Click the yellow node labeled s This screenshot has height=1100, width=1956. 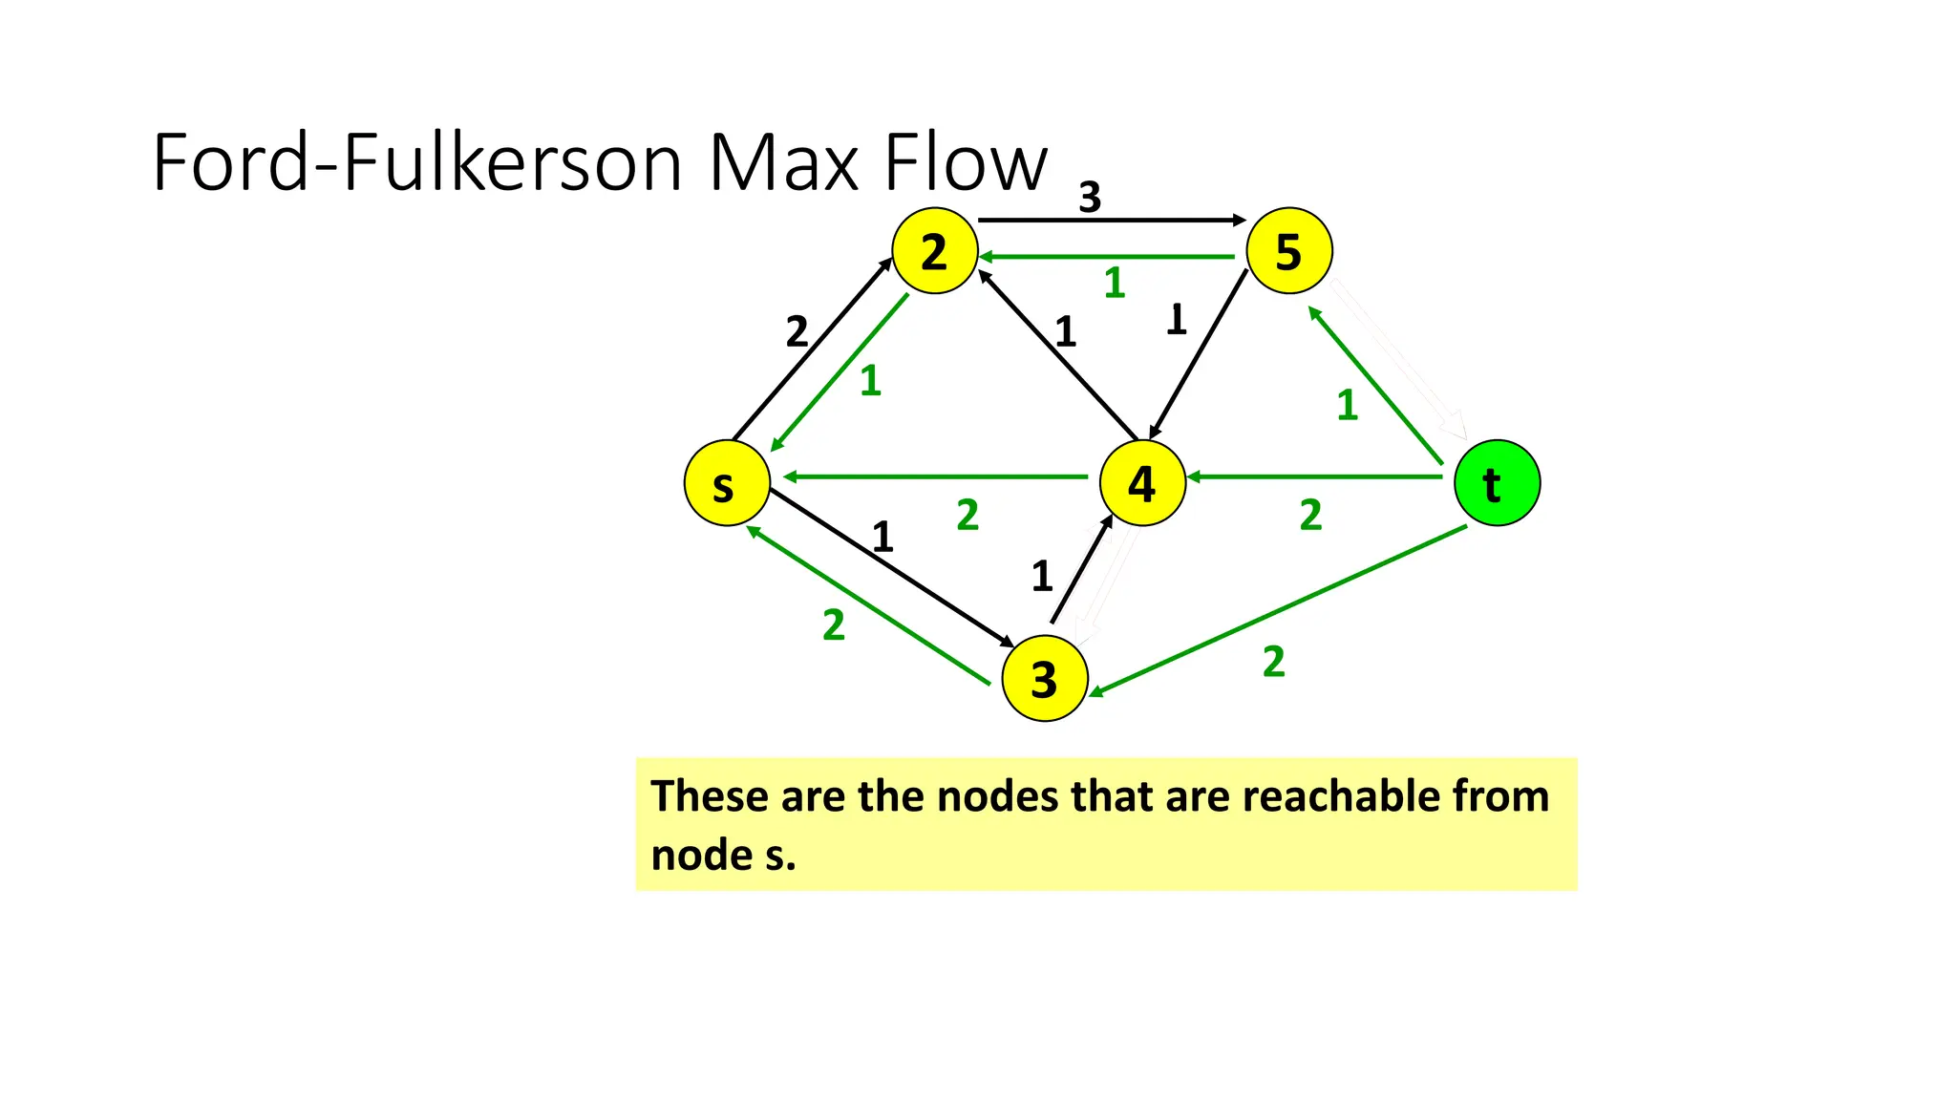727,483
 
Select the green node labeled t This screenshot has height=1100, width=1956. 1497,483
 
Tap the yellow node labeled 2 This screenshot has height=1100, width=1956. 934,251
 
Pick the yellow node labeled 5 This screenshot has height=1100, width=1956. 1289,251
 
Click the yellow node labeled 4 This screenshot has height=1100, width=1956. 1142,483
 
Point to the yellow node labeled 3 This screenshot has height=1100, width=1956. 1044,679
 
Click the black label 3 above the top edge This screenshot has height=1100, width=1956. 1090,198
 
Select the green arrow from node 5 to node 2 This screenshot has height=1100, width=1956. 1108,257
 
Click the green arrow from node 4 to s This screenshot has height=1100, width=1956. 936,476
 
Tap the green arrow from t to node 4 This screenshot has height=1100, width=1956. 1313,476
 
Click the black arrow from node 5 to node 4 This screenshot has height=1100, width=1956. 1199,355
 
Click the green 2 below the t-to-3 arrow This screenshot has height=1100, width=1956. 1273,662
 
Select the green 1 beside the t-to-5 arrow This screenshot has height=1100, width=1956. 1347,405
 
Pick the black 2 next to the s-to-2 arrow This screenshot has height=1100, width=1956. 797,332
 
